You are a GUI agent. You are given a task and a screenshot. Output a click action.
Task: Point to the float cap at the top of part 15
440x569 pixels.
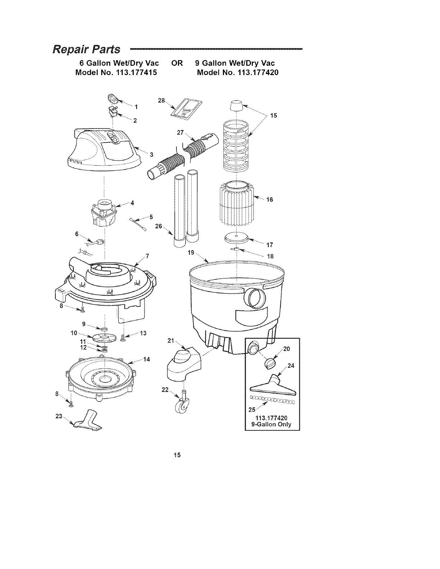pos(237,106)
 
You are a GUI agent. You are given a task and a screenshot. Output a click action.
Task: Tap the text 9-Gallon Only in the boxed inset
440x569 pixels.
pos(272,424)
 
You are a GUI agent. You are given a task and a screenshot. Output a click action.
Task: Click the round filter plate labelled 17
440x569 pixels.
pos(236,238)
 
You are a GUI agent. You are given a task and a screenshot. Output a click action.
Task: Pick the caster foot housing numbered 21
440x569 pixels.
pos(184,366)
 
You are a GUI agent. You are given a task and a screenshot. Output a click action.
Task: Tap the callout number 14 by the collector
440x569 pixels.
pos(146,359)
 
